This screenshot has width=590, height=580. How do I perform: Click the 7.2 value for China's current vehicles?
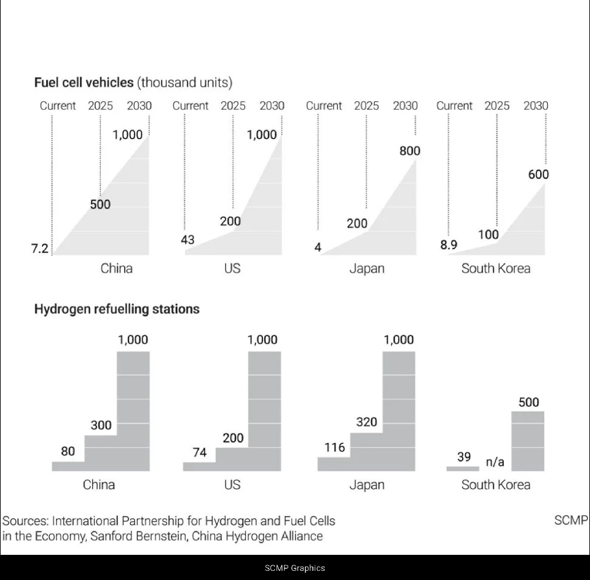click(x=39, y=249)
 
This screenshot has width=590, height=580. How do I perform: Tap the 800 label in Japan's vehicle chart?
click(x=410, y=150)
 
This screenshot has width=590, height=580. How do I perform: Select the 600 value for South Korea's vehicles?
click(x=538, y=174)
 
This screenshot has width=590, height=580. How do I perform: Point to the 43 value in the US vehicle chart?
click(x=187, y=240)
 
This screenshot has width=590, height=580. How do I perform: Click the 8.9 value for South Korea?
click(x=449, y=245)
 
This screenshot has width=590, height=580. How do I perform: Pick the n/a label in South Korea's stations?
click(x=495, y=462)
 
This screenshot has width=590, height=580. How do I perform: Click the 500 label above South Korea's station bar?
click(x=529, y=402)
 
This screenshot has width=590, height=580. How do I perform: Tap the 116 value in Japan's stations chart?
click(x=334, y=447)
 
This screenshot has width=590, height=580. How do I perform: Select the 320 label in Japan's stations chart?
click(x=367, y=422)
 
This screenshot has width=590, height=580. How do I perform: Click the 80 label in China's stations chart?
click(x=68, y=452)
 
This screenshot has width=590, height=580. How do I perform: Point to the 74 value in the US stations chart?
click(x=200, y=452)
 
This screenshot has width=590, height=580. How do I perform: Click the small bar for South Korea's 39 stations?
click(x=463, y=468)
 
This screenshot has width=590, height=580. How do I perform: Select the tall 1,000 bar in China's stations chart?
click(x=133, y=411)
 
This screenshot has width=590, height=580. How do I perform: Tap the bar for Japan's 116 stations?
click(x=334, y=464)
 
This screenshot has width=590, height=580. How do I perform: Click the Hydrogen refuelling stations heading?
click(x=117, y=309)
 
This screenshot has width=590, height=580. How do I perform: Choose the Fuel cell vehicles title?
click(x=84, y=82)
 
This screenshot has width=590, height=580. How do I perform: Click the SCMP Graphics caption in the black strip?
click(x=295, y=568)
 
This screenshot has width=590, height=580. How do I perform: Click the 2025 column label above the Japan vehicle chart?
click(x=366, y=106)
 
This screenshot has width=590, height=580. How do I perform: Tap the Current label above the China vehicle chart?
click(x=58, y=106)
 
